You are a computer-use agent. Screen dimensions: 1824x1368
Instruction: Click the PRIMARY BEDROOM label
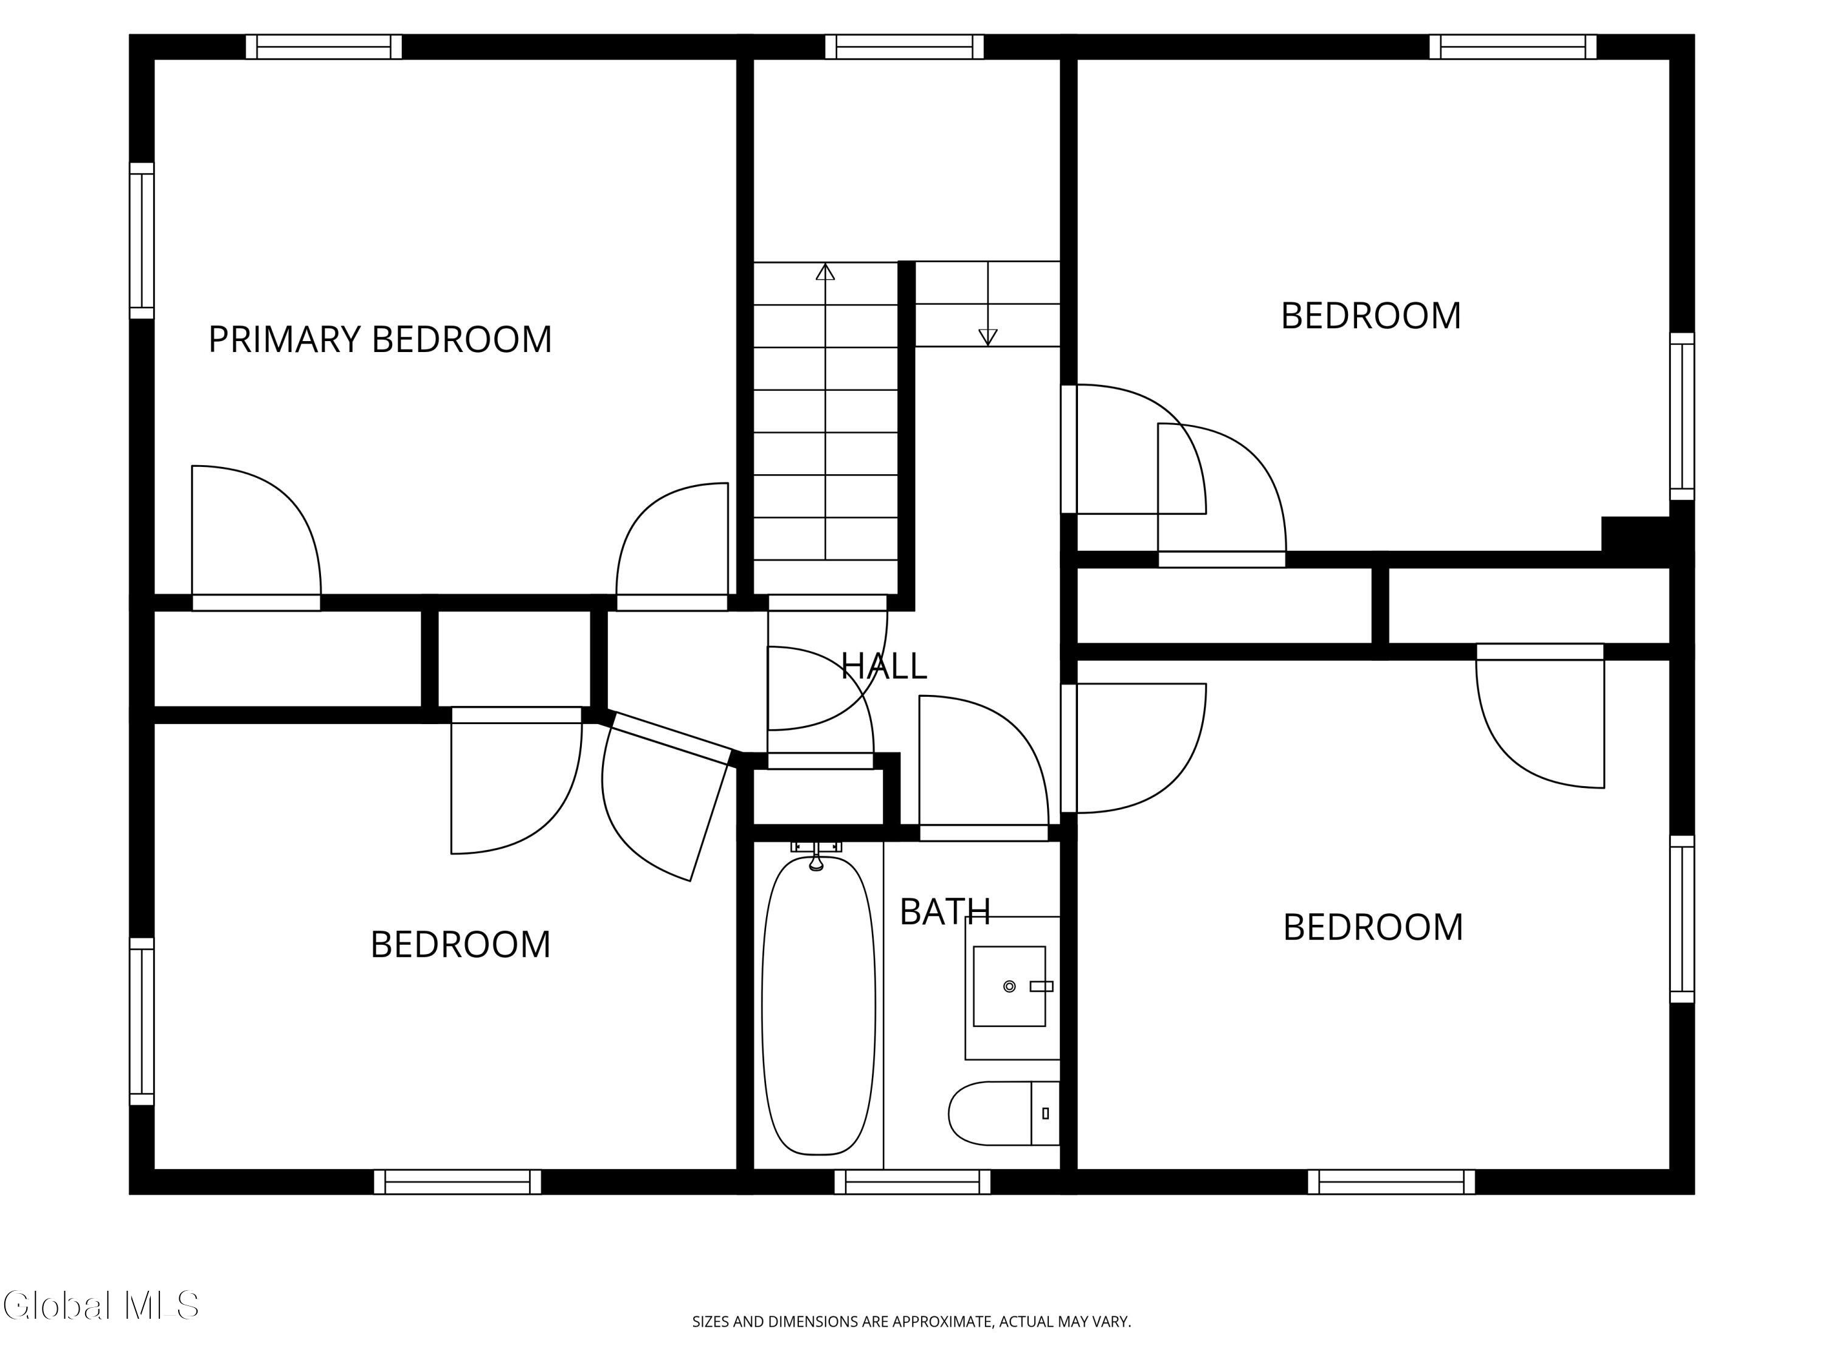[379, 339]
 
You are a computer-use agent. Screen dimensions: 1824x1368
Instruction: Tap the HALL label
[884, 665]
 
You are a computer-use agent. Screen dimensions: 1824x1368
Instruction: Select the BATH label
[945, 911]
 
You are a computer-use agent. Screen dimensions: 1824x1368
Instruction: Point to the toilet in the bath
[1004, 1113]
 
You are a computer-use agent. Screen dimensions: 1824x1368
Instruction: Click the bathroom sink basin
[1009, 986]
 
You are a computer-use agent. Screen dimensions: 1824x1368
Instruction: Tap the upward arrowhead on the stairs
[826, 271]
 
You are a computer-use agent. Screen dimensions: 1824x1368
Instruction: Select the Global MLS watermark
[100, 1305]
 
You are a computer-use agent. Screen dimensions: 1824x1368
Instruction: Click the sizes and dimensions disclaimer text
[911, 1322]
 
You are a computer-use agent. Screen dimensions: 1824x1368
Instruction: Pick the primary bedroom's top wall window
[324, 46]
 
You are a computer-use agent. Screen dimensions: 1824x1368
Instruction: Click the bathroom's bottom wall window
[912, 1181]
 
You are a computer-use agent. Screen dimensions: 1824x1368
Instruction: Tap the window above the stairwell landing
[905, 46]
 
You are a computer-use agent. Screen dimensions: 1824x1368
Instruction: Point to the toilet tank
[1046, 1113]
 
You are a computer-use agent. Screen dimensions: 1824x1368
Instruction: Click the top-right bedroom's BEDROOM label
[1370, 316]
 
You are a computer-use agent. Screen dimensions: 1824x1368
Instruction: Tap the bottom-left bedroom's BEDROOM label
[460, 945]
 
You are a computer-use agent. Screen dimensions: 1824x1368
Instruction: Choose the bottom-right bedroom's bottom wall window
[1391, 1181]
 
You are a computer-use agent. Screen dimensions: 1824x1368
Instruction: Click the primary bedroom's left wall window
[142, 240]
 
